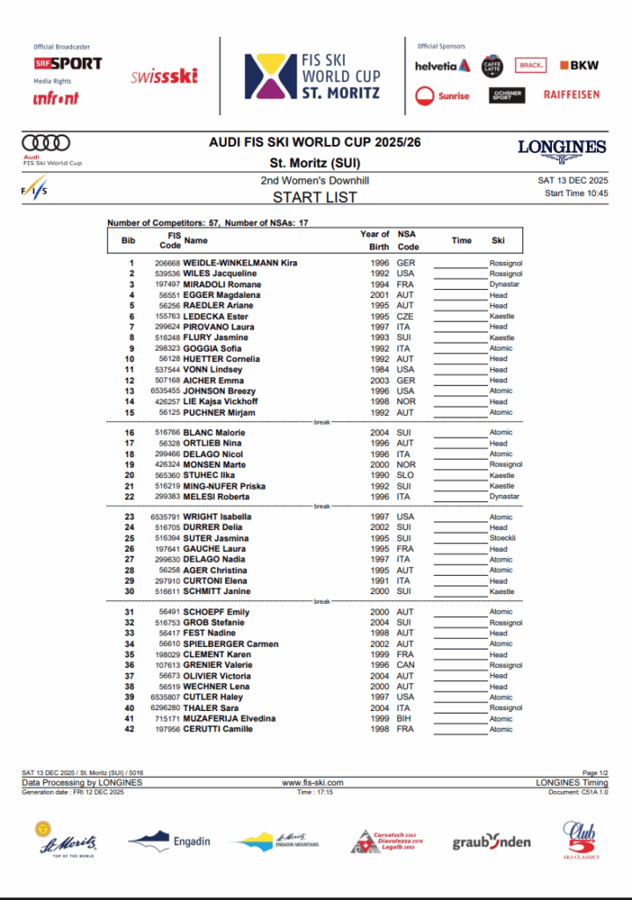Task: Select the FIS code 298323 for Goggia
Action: click(x=166, y=348)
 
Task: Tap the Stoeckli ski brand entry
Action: click(x=502, y=538)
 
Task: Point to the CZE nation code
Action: click(x=405, y=316)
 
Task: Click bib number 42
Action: click(x=129, y=729)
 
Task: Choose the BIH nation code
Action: click(x=404, y=719)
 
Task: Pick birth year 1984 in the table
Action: click(x=378, y=370)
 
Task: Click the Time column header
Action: click(x=461, y=240)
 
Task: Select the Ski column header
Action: click(x=498, y=240)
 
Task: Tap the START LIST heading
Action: click(x=315, y=197)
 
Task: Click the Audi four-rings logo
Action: click(x=46, y=142)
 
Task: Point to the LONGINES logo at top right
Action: click(x=562, y=149)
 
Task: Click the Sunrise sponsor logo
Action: click(x=443, y=95)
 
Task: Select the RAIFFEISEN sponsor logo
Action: click(x=571, y=94)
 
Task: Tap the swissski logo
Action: click(x=163, y=76)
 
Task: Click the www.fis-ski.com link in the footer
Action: click(x=312, y=782)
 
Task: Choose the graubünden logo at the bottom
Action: click(x=491, y=842)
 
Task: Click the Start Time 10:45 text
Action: click(x=576, y=192)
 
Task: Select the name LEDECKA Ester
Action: click(x=215, y=316)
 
